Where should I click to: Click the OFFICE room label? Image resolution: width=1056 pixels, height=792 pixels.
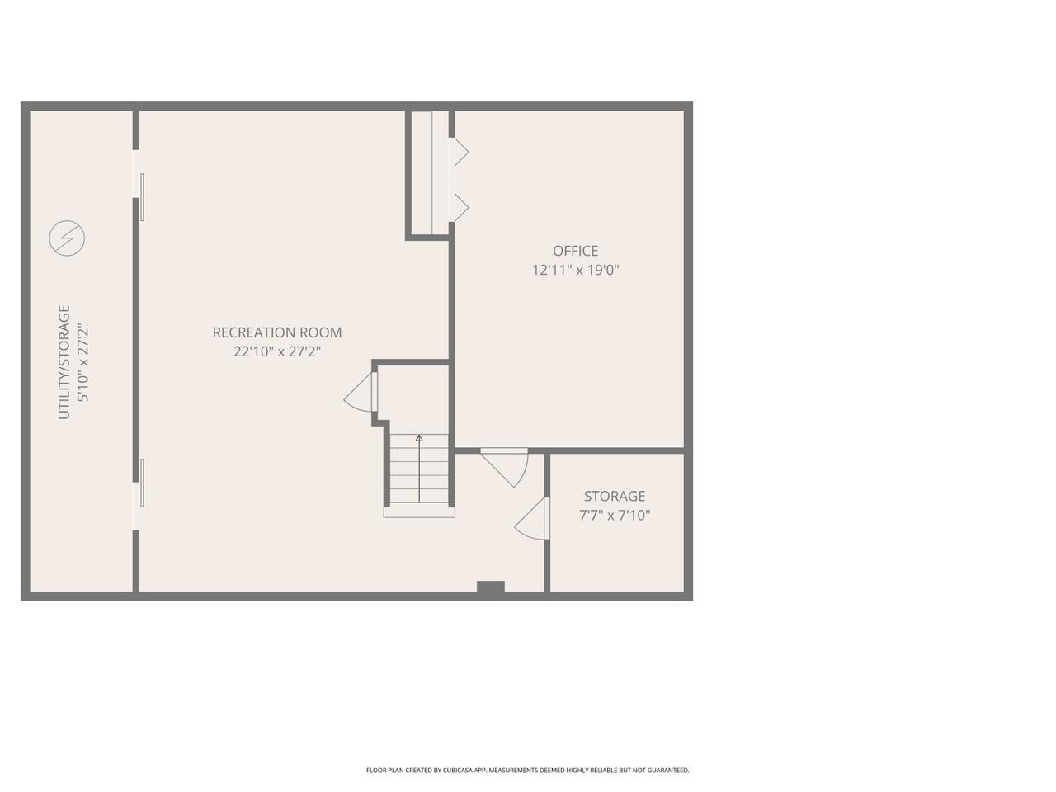[x=575, y=251]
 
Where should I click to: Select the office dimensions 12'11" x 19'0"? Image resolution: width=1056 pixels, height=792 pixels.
[x=575, y=270]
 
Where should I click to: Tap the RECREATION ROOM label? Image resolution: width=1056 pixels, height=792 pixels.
[x=276, y=332]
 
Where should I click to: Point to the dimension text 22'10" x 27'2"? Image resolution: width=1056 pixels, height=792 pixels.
[x=276, y=351]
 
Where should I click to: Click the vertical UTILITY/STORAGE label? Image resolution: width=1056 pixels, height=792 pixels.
[x=64, y=362]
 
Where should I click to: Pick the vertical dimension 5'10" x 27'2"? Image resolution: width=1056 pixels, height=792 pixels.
[x=82, y=362]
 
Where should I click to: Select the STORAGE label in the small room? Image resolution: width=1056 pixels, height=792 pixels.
[x=615, y=496]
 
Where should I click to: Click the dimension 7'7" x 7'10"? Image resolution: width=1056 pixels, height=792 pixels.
[x=615, y=516]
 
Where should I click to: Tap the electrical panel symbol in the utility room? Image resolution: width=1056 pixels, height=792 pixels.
[x=67, y=238]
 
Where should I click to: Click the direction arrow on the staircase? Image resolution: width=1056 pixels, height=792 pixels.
[x=419, y=439]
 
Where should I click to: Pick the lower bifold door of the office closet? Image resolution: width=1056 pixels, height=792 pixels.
[x=458, y=206]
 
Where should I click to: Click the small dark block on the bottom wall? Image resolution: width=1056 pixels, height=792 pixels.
[x=490, y=587]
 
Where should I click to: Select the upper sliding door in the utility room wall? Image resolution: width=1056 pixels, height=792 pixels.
[x=142, y=196]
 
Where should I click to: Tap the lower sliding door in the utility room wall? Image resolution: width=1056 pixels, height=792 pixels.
[x=142, y=483]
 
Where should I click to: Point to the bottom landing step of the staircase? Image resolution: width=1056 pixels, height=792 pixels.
[x=419, y=511]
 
